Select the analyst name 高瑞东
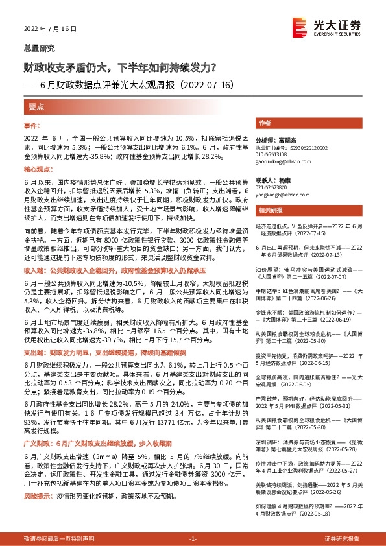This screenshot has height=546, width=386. coord(286,140)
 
